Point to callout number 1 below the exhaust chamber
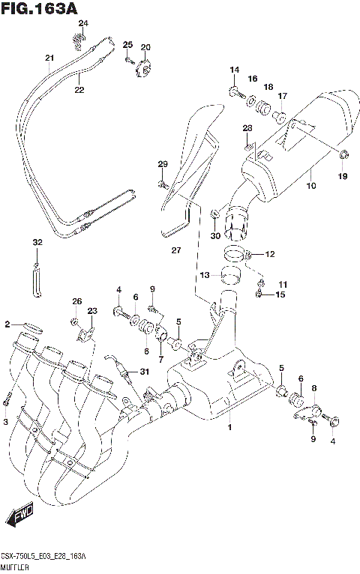point(230,427)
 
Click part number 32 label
point(37,243)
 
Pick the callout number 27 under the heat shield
point(175,250)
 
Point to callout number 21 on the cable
point(49,58)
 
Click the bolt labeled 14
point(235,93)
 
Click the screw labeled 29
point(162,182)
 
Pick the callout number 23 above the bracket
point(92,311)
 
